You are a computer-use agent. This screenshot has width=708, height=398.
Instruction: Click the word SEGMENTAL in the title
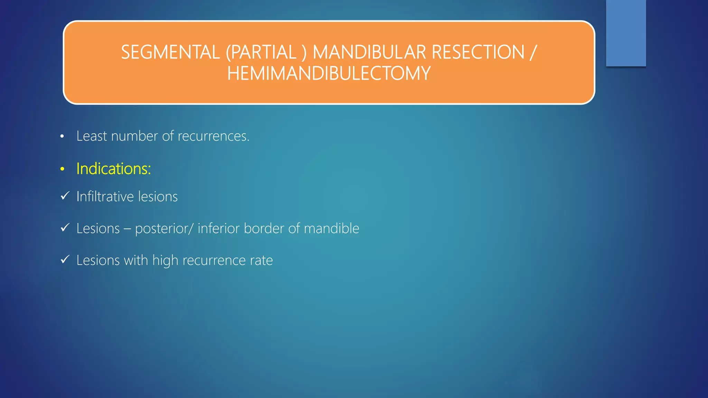[170, 53]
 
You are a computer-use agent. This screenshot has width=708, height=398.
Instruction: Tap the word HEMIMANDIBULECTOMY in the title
[329, 74]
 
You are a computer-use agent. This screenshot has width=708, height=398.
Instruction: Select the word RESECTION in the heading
[478, 53]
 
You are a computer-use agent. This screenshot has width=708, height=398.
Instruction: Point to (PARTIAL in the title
[261, 53]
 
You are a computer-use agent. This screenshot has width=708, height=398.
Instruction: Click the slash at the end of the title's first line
[533, 53]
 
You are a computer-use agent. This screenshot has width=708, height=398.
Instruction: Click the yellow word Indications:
[113, 169]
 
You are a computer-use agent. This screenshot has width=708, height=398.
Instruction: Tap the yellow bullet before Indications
[62, 169]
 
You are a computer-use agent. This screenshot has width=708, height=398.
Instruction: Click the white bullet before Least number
[62, 137]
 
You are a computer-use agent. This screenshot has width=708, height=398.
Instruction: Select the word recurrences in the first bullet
[213, 136]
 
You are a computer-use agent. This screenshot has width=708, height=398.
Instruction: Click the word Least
[92, 136]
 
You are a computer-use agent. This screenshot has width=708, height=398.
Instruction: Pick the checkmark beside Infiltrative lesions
[65, 196]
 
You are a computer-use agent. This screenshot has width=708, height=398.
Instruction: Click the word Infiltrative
[105, 197]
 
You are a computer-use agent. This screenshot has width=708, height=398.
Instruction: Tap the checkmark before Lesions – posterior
[65, 228]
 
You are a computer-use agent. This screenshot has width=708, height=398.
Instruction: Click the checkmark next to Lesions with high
[65, 259]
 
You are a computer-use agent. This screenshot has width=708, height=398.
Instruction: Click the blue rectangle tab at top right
[626, 33]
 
